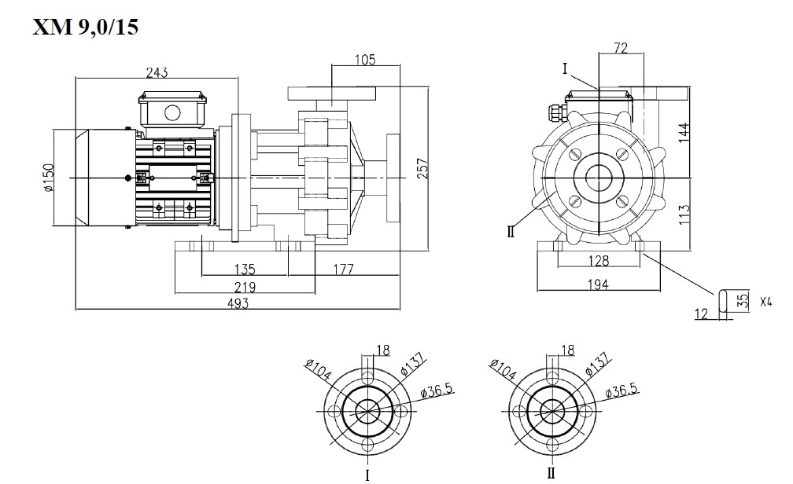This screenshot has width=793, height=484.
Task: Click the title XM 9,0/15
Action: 86,27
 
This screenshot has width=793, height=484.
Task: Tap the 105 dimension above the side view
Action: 365,59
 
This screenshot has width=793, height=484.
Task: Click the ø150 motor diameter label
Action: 49,180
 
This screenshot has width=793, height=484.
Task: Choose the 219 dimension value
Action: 246,287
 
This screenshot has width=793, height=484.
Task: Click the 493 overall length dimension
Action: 236,303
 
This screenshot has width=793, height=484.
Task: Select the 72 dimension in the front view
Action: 620,49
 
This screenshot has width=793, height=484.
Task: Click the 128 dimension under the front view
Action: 600,261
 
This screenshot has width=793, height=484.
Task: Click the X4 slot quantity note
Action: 765,301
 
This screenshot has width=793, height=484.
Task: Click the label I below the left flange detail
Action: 367,475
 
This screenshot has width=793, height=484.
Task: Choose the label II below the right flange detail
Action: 551,474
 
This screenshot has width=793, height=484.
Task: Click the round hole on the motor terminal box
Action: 172,112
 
